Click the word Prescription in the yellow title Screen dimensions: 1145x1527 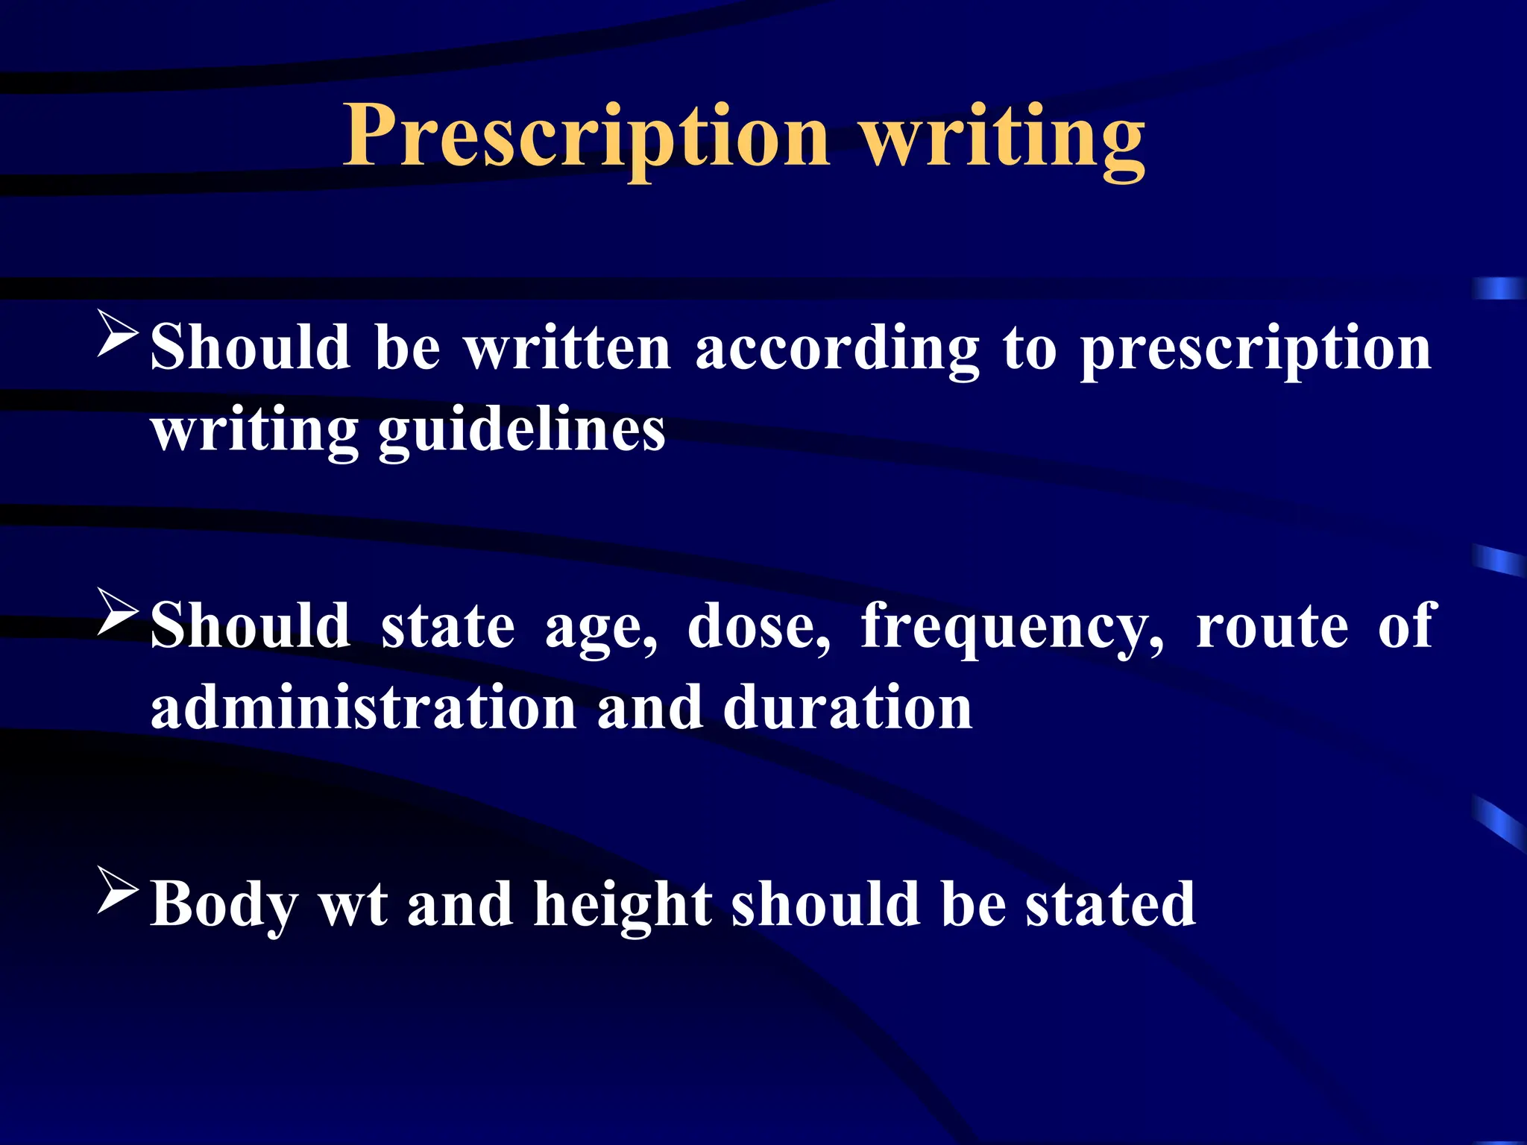click(x=586, y=137)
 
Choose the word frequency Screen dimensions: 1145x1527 click(x=1012, y=628)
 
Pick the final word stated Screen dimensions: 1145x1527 click(x=1110, y=904)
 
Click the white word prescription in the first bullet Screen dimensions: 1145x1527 click(x=1256, y=350)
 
